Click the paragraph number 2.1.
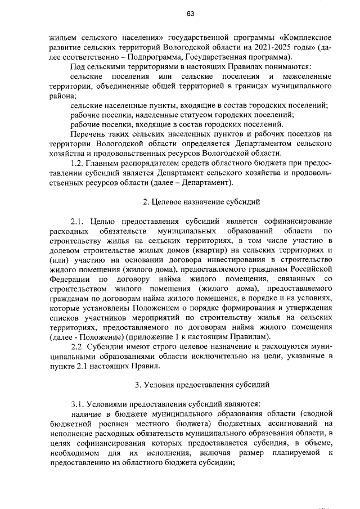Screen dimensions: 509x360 point(77,221)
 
